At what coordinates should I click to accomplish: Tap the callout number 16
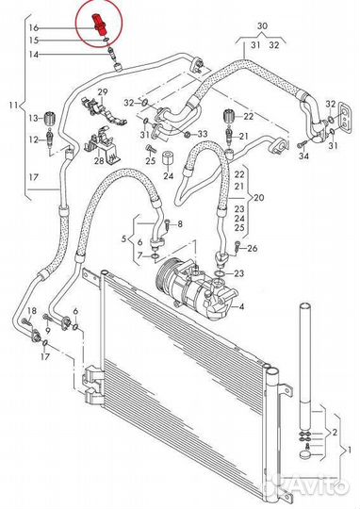[x=33, y=28]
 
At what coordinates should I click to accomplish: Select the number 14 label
[x=33, y=55]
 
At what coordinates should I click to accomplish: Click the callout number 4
[x=241, y=306]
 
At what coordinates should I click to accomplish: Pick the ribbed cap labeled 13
[x=50, y=118]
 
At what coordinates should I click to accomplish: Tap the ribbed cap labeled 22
[x=230, y=116]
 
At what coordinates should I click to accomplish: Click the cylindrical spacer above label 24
[x=168, y=158]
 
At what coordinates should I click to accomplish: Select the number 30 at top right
[x=262, y=25]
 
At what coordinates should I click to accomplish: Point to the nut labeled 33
[x=187, y=134]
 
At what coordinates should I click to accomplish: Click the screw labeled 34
[x=302, y=144]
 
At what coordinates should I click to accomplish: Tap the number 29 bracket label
[x=103, y=91]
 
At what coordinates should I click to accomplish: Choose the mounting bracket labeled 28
[x=102, y=145]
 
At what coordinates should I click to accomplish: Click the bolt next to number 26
[x=237, y=246]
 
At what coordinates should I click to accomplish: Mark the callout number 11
[x=13, y=106]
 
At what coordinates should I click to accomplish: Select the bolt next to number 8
[x=167, y=224]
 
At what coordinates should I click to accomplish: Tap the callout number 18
[x=32, y=311]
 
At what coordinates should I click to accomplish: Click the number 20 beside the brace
[x=259, y=197]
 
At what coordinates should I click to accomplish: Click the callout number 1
[x=350, y=450]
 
